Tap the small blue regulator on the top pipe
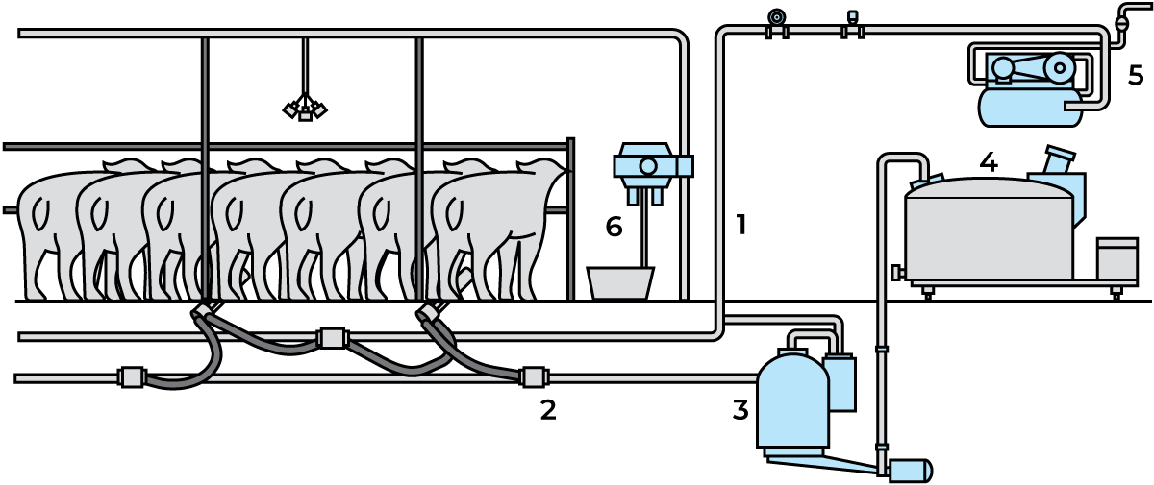[852, 17]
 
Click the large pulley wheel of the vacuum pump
[1060, 67]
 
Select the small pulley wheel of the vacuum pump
[1003, 67]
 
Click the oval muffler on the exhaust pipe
[1122, 21]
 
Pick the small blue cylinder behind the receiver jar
[840, 382]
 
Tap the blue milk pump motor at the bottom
[908, 471]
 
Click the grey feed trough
[620, 282]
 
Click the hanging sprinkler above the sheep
[306, 110]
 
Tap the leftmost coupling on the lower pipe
[133, 377]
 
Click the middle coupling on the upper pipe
[332, 338]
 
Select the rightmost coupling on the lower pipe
[533, 377]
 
